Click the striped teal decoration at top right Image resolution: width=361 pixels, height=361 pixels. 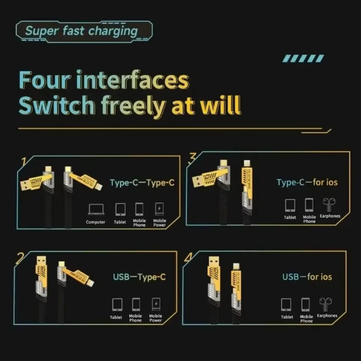pyautogui.click(x=303, y=58)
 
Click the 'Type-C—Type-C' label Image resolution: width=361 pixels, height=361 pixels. pyautogui.click(x=142, y=183)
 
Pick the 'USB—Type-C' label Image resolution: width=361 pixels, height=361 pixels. pyautogui.click(x=139, y=277)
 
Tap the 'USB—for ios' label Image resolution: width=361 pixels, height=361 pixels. pyautogui.click(x=307, y=277)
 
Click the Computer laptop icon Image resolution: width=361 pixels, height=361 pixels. pyautogui.click(x=96, y=210)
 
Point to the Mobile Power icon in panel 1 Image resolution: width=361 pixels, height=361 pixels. pyautogui.click(x=159, y=209)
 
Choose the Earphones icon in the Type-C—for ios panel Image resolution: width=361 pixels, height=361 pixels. pyautogui.click(x=329, y=205)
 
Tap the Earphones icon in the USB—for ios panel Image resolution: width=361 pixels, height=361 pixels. pyautogui.click(x=326, y=304)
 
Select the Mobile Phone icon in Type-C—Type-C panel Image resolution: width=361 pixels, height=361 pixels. pyautogui.click(x=139, y=209)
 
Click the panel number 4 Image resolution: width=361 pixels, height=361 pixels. pyautogui.click(x=188, y=258)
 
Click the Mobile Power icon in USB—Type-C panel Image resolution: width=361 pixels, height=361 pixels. pyautogui.click(x=156, y=304)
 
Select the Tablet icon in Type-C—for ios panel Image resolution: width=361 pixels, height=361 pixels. pyautogui.click(x=290, y=205)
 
